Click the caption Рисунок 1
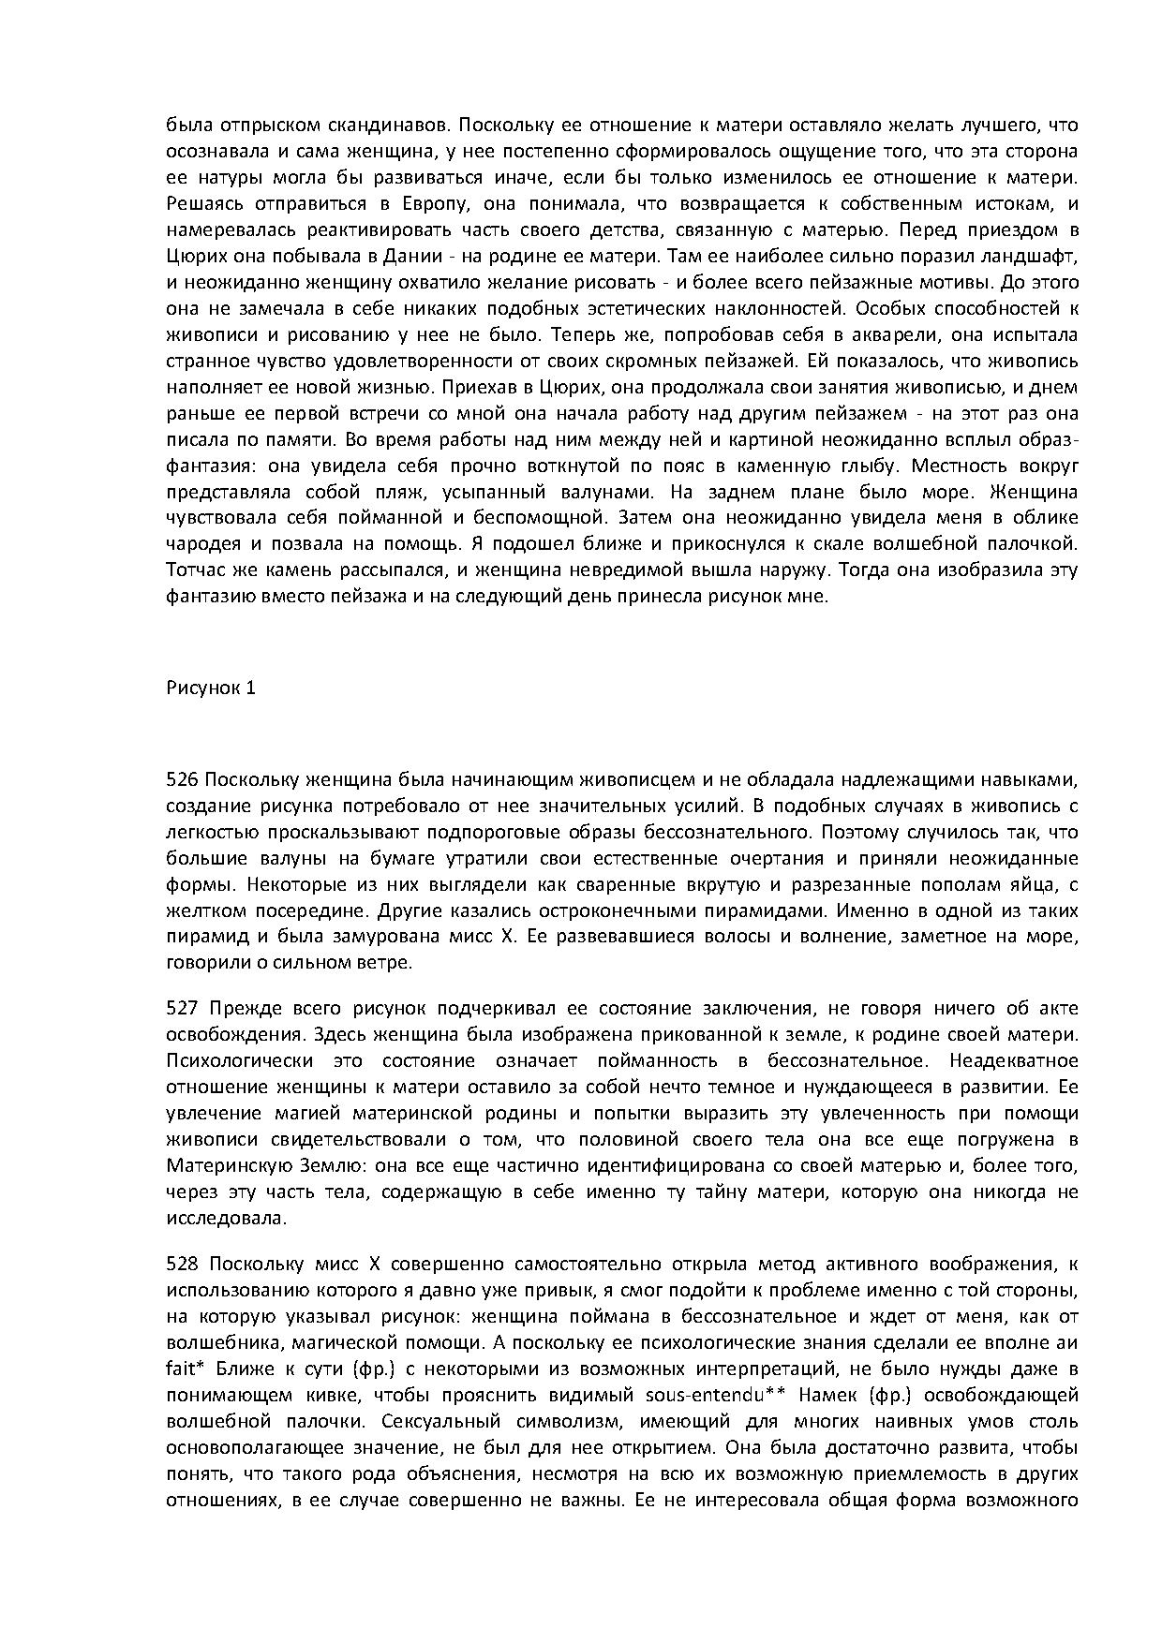211,688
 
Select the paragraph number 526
181,779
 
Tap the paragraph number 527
181,1009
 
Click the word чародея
200,544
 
